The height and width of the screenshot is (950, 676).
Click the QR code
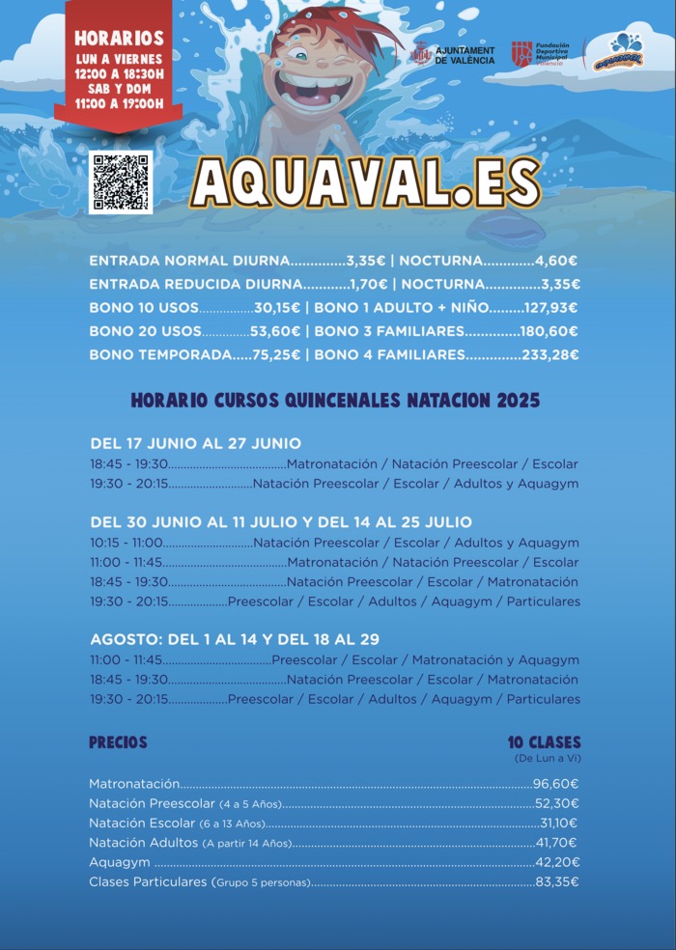120,182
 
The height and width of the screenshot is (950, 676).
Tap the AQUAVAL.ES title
365,182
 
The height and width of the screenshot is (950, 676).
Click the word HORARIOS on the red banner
119,39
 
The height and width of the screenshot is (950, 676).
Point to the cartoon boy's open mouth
307,92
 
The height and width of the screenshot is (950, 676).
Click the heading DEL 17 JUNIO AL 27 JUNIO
195,443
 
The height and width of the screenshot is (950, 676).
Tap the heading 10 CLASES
545,742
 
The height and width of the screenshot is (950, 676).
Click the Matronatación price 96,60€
556,784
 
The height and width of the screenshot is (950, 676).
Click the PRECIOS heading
118,742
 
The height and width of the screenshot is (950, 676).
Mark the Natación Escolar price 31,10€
558,823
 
